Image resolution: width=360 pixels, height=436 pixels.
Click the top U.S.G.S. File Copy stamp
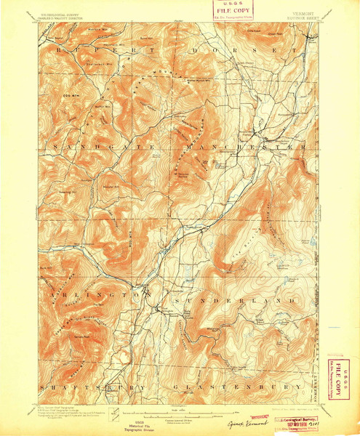pyautogui.click(x=231, y=10)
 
